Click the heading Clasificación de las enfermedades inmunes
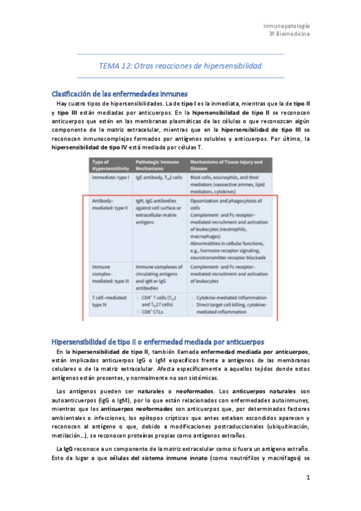click(120, 94)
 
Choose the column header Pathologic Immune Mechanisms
click(159, 165)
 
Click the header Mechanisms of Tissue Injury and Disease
click(226, 165)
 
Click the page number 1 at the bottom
click(307, 478)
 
